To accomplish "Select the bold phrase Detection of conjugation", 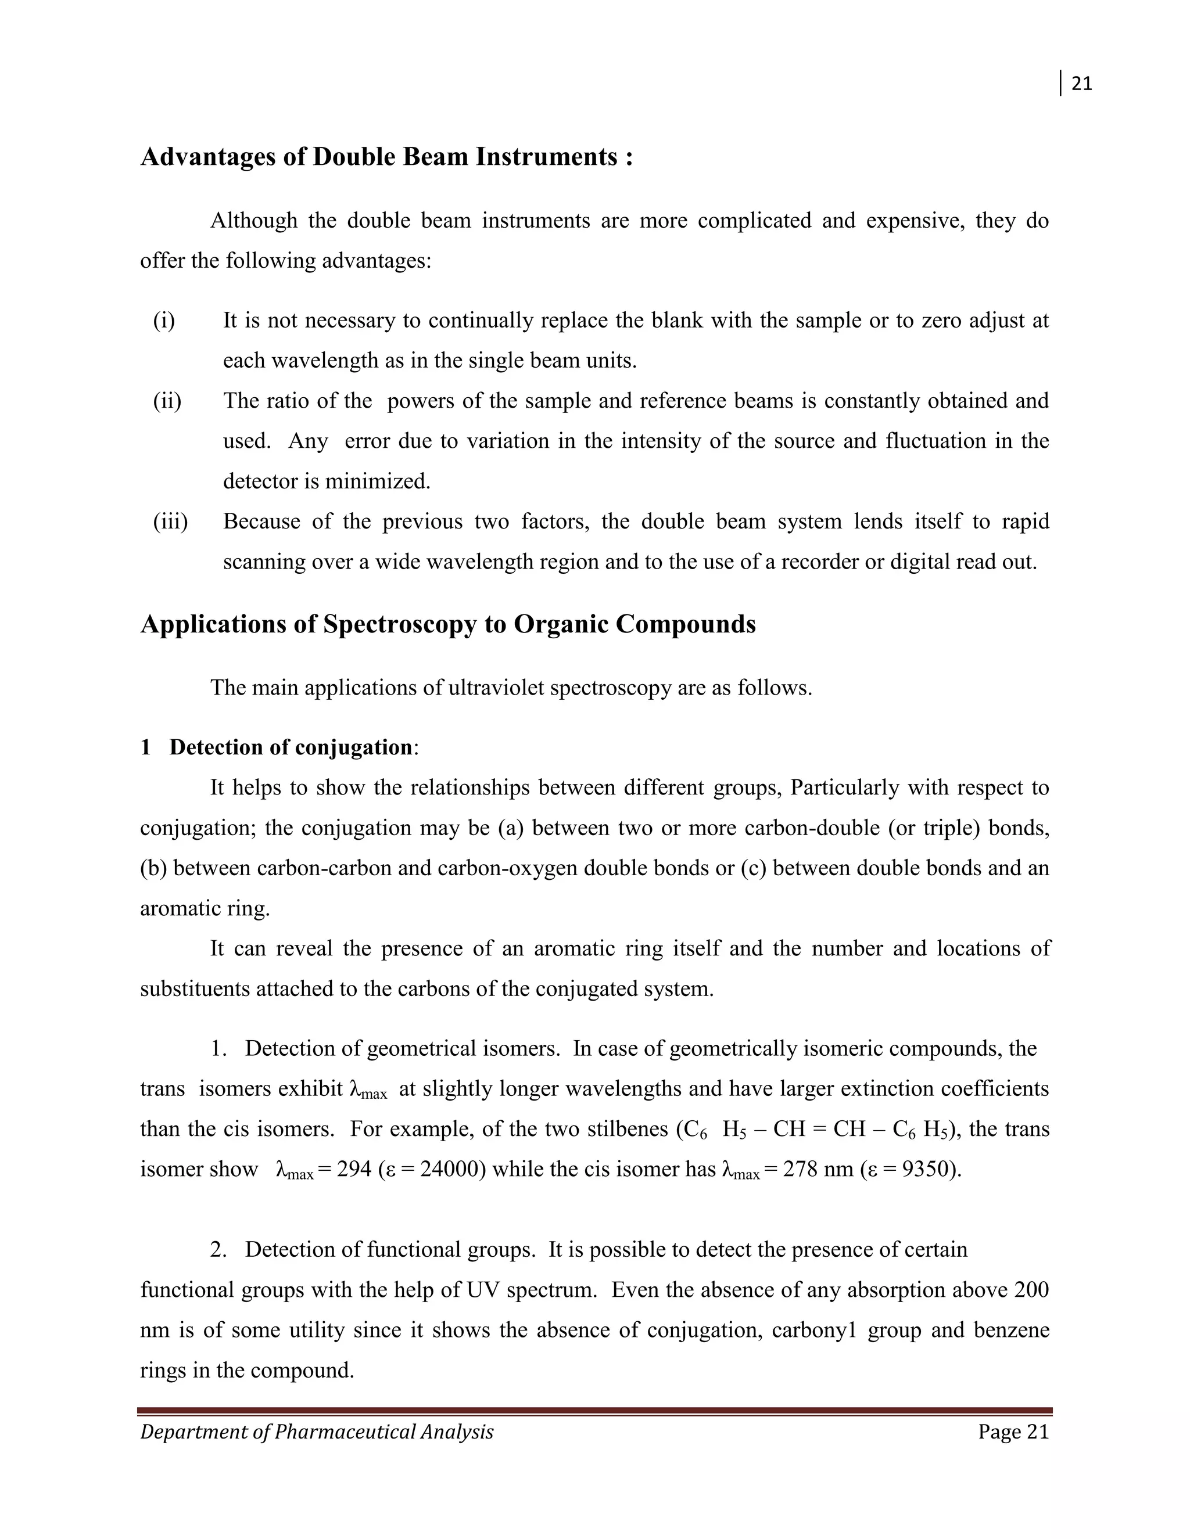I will click(x=291, y=747).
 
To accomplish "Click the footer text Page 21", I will click(x=1013, y=1433).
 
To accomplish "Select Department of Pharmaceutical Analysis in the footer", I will click(x=317, y=1433).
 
